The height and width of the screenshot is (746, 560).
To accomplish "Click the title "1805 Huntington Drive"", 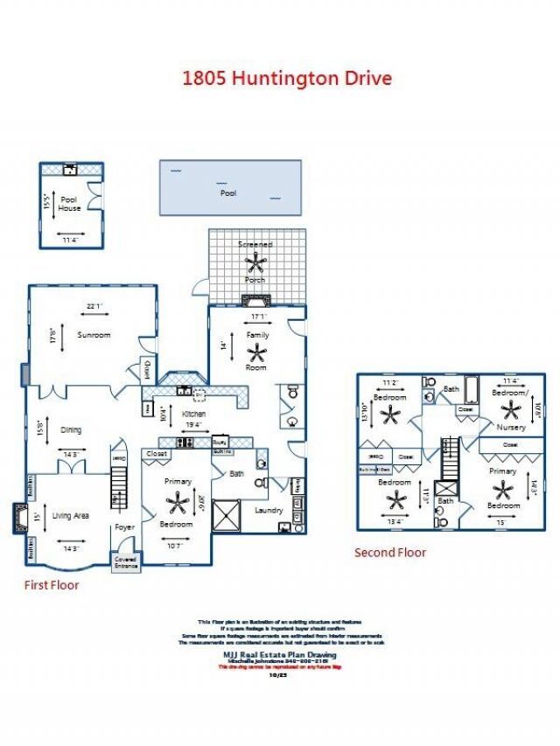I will (286, 78).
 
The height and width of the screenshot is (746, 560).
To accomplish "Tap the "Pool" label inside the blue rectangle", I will (228, 192).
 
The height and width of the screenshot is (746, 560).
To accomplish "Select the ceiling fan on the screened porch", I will (256, 262).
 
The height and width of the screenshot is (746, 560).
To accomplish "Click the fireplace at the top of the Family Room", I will (256, 302).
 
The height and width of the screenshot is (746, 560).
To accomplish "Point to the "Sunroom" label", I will (93, 335).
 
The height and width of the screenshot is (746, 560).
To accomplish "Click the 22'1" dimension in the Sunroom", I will (94, 307).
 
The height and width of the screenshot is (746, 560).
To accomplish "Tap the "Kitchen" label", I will (193, 413).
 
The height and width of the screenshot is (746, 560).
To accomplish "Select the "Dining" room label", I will (71, 429).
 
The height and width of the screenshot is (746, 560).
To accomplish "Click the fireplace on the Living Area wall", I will (18, 518).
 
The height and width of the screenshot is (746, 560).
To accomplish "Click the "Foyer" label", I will (124, 527).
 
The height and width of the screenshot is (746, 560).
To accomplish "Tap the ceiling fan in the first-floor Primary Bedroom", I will (179, 502).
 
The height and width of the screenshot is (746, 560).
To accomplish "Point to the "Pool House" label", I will (69, 204).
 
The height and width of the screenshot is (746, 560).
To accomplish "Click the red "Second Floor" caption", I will (389, 553).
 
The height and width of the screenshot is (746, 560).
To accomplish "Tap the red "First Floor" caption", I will (51, 585).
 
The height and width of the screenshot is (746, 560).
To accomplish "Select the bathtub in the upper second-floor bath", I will (470, 386).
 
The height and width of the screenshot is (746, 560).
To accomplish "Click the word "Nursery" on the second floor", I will (511, 428).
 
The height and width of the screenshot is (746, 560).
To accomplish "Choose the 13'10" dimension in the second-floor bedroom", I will (365, 412).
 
